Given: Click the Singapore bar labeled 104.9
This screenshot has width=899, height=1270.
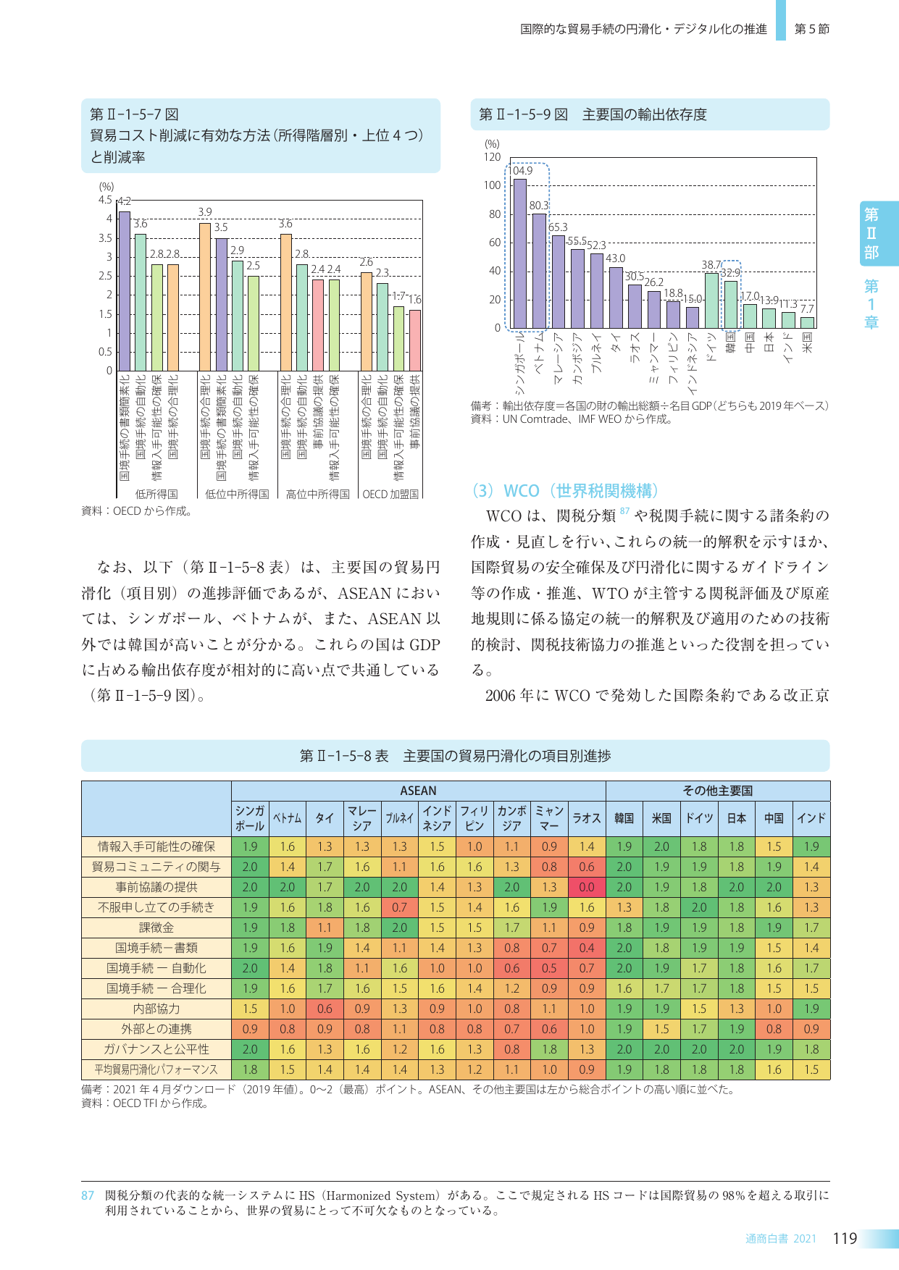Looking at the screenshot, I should tap(519, 253).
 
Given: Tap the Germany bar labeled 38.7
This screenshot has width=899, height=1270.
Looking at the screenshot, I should tap(711, 300).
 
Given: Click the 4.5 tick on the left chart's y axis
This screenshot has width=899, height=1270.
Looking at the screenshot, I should tap(105, 200).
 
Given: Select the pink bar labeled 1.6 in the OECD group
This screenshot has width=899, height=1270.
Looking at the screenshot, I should tap(414, 340).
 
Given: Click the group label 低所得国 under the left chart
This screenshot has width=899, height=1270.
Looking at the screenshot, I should tap(156, 494).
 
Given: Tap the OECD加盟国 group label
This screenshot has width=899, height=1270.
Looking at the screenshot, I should tap(390, 494).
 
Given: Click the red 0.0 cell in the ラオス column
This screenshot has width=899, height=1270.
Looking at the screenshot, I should tap(587, 887).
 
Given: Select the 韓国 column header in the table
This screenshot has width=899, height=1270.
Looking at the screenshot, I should tap(624, 818).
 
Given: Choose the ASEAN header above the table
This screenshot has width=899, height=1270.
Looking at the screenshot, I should tap(418, 791).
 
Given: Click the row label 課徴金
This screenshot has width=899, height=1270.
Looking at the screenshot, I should tap(156, 928).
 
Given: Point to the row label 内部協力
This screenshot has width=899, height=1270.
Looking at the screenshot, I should tap(156, 1009).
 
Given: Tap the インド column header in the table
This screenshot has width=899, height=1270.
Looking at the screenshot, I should tap(811, 818).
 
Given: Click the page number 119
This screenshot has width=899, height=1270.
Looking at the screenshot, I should tap(845, 1238).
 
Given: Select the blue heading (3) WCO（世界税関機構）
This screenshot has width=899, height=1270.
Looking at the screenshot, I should tap(565, 491).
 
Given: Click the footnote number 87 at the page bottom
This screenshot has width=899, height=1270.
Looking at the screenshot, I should tap(88, 1195).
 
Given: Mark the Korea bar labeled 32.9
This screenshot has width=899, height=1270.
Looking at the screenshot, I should tap(731, 304).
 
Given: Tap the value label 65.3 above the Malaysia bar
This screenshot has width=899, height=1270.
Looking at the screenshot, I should tap(558, 227).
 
